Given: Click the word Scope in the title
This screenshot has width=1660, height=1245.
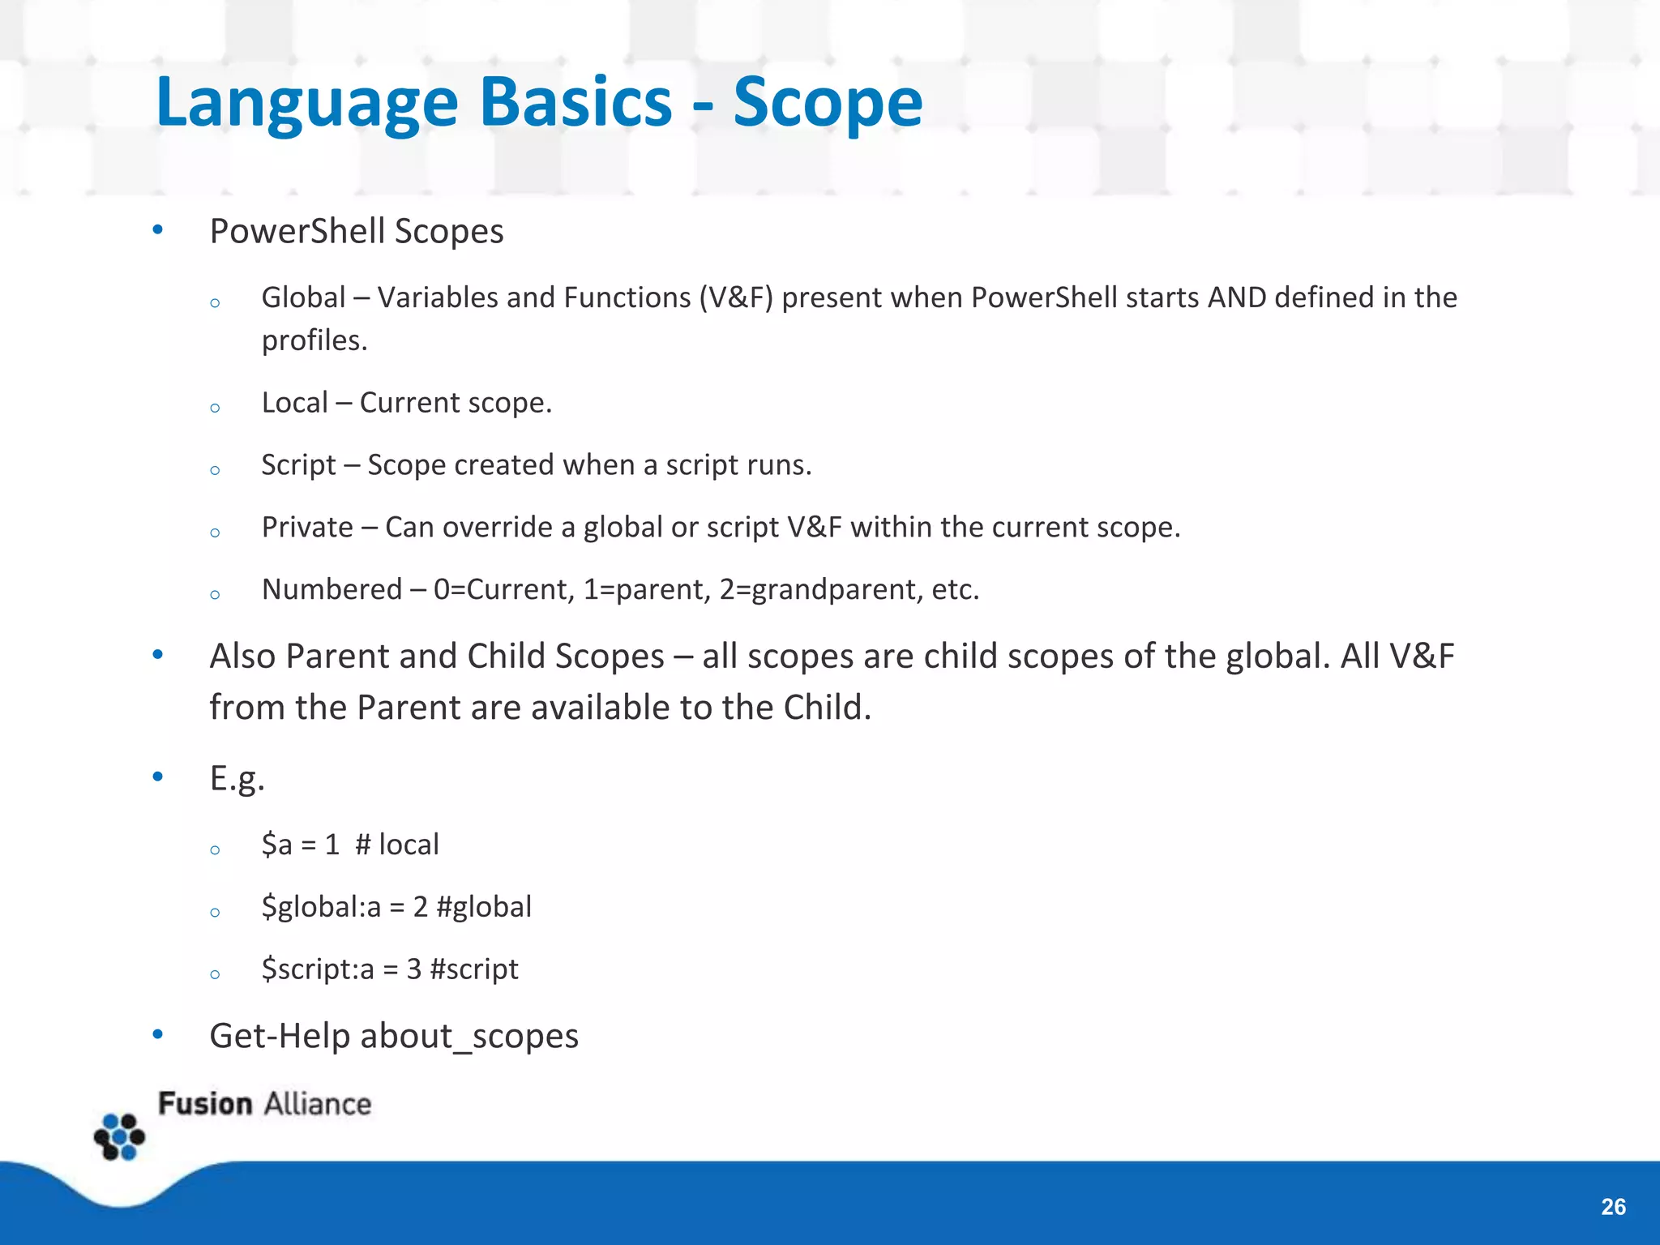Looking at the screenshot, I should (x=828, y=102).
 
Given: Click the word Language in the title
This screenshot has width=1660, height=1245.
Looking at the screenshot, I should (x=307, y=102).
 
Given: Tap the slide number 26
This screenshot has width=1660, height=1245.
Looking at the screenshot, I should (x=1613, y=1207).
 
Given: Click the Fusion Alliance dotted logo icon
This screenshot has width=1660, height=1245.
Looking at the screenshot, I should (x=119, y=1136).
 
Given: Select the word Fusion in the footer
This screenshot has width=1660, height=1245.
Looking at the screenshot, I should (x=205, y=1104).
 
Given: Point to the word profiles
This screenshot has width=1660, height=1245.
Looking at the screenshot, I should (x=314, y=340).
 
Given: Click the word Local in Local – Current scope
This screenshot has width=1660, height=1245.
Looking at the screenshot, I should (x=294, y=402).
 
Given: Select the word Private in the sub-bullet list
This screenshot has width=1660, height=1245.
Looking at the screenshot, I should (x=307, y=527).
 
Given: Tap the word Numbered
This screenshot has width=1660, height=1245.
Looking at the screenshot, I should (x=332, y=589).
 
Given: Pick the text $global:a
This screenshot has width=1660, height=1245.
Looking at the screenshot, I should (x=321, y=906).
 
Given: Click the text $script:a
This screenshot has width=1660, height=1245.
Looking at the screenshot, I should (x=318, y=969).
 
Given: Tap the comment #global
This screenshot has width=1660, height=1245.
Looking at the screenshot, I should (x=484, y=906).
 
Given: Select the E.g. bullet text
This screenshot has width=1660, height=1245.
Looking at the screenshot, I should (x=237, y=778).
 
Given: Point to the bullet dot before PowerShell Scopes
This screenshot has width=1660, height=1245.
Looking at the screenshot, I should (x=158, y=230).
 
